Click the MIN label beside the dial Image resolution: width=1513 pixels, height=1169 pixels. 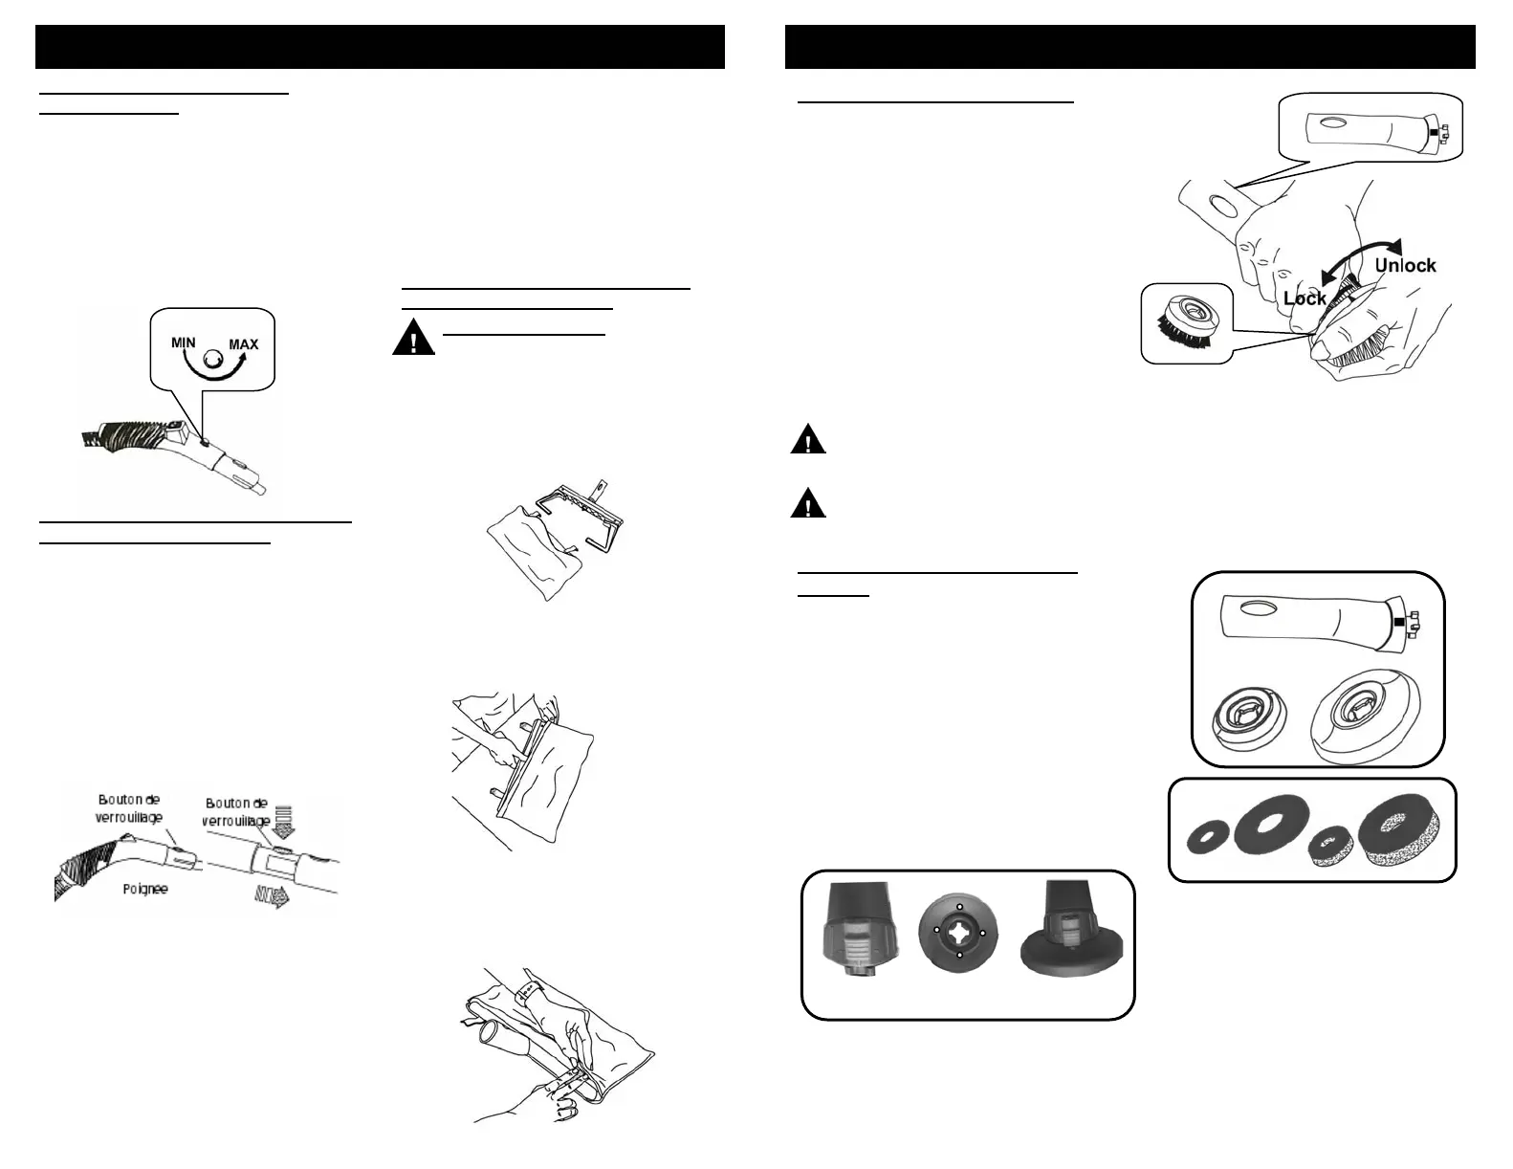tap(184, 342)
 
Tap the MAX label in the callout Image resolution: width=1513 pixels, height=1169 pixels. tap(243, 344)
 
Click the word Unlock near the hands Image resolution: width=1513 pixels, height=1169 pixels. tap(1404, 265)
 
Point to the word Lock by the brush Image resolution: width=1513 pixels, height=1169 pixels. tap(1305, 298)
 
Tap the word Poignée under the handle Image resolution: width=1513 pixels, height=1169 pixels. tap(144, 889)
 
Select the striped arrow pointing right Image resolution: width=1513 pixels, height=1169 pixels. tap(273, 896)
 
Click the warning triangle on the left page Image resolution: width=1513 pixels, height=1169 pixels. tap(412, 341)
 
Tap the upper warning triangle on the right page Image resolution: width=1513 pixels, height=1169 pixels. tap(808, 441)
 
